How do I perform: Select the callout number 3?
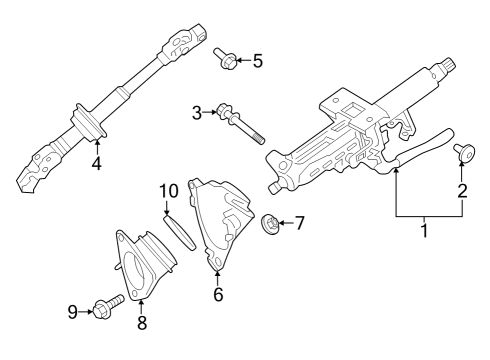(197, 112)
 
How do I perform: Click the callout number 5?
(257, 62)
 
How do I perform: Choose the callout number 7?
(298, 222)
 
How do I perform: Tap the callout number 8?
(141, 322)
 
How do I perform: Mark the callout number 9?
(73, 312)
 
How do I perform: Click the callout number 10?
(168, 189)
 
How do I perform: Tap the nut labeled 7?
(269, 222)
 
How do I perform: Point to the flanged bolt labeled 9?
(105, 304)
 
